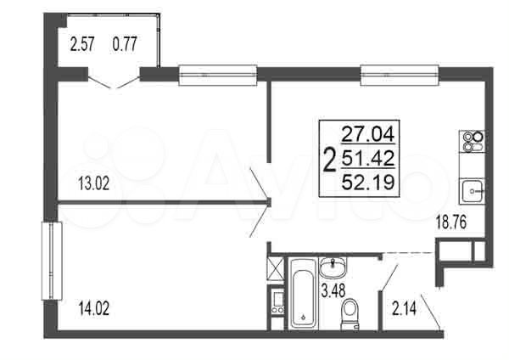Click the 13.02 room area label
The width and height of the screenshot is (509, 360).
pyautogui.click(x=93, y=181)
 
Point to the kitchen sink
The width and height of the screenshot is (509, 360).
pyautogui.click(x=471, y=189)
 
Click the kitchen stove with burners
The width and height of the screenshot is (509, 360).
pyautogui.click(x=471, y=140)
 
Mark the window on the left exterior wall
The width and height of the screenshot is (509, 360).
pyautogui.click(x=50, y=261)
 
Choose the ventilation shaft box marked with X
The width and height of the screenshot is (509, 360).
pyautogui.click(x=275, y=271)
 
